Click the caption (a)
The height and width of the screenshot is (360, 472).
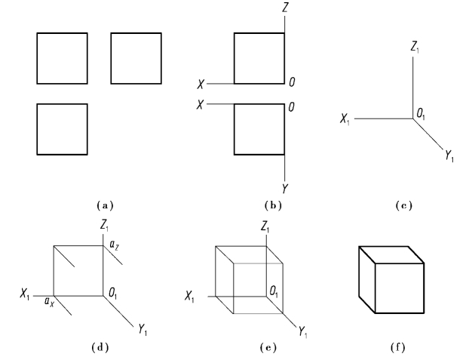pyautogui.click(x=105, y=205)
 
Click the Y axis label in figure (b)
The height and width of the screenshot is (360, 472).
pyautogui.click(x=284, y=187)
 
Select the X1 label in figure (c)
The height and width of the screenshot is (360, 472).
pyautogui.click(x=345, y=119)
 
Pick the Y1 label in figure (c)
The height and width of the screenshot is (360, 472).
pyautogui.click(x=450, y=158)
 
